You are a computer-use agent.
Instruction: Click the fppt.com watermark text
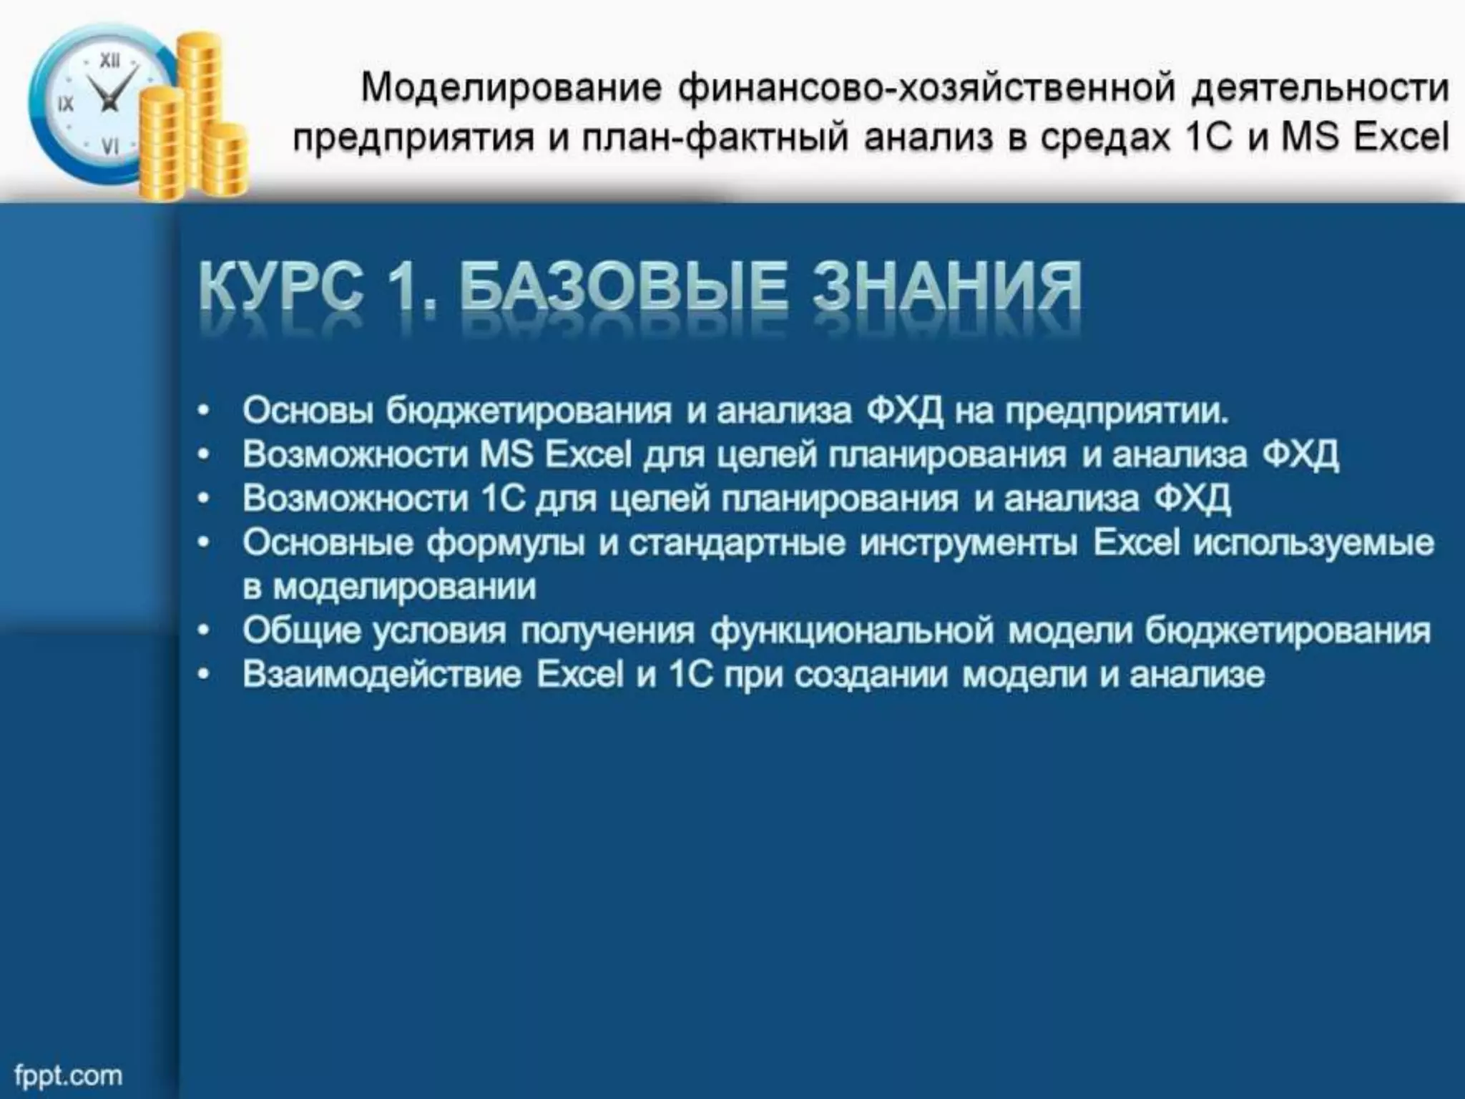[x=68, y=1075]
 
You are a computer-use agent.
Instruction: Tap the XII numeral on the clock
[x=109, y=62]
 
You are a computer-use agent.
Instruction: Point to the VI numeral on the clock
[x=110, y=147]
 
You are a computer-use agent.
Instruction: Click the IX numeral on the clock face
[x=65, y=104]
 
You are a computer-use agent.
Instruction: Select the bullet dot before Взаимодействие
[x=205, y=675]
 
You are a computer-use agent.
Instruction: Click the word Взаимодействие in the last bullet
[x=382, y=675]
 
